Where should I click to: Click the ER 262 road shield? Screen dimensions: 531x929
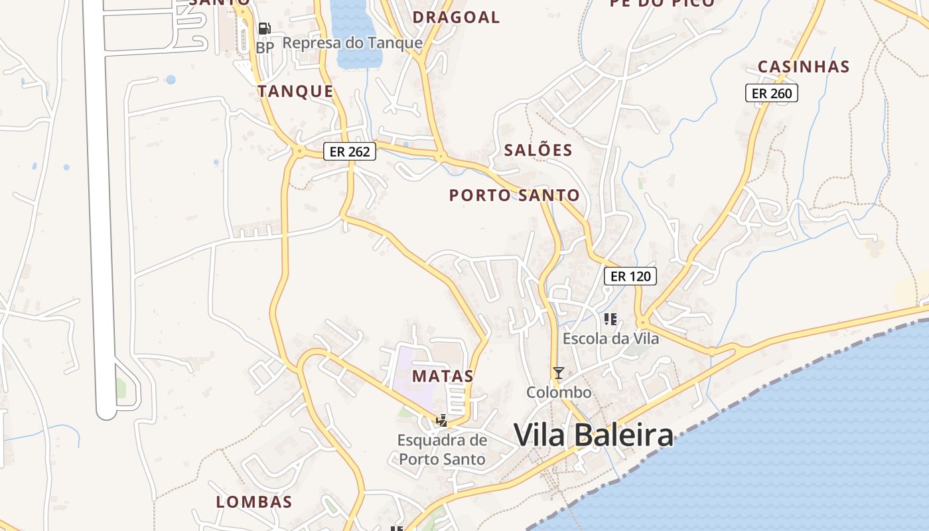pos(350,151)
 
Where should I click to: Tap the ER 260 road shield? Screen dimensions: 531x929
pos(771,94)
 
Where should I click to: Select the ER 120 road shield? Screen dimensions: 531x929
pos(630,276)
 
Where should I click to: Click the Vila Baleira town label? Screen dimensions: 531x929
pos(593,435)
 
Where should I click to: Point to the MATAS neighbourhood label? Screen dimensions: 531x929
pos(443,376)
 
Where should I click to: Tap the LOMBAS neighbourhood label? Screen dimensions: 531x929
pos(254,502)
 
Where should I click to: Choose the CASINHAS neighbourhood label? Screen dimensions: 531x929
pos(803,66)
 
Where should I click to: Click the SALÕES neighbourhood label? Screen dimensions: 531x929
pos(537,150)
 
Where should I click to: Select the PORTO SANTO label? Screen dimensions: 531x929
pos(514,195)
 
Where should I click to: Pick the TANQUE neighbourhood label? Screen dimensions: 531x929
pos(295,92)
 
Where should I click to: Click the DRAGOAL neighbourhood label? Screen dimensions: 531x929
pos(456,17)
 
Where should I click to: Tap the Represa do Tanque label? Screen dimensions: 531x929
pos(352,43)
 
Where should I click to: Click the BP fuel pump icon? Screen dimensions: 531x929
pos(264,29)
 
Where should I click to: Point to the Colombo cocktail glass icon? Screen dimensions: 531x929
pos(559,373)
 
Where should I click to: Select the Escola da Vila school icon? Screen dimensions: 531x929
pos(610,319)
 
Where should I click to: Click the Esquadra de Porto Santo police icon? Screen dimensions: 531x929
pos(441,420)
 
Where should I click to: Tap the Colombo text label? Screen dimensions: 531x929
pos(559,392)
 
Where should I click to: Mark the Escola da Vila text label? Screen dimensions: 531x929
pos(610,339)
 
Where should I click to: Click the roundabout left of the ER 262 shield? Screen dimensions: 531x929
pos(299,151)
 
